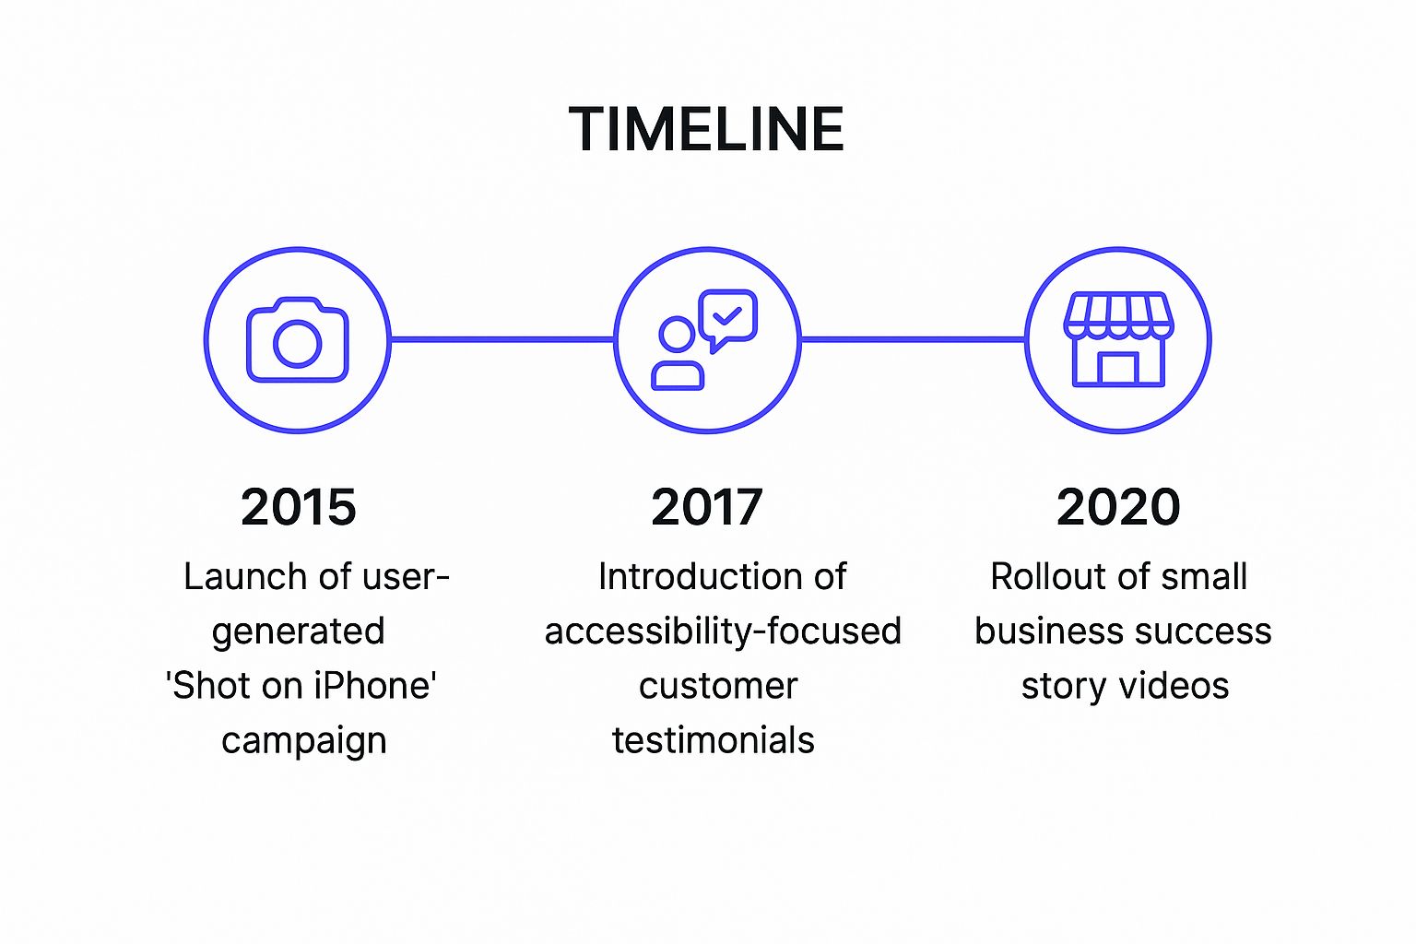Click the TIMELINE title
click(x=706, y=129)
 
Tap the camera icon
click(x=297, y=339)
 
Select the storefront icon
click(x=1118, y=339)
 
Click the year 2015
click(x=298, y=507)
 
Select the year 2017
click(x=707, y=507)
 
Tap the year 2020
click(x=1118, y=507)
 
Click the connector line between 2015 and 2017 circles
click(x=502, y=339)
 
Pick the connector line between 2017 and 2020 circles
click(x=913, y=339)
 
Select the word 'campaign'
click(x=303, y=741)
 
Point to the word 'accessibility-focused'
click(x=723, y=631)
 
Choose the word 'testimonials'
click(x=714, y=740)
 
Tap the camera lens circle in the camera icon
click(x=298, y=344)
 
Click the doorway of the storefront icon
click(x=1118, y=368)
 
